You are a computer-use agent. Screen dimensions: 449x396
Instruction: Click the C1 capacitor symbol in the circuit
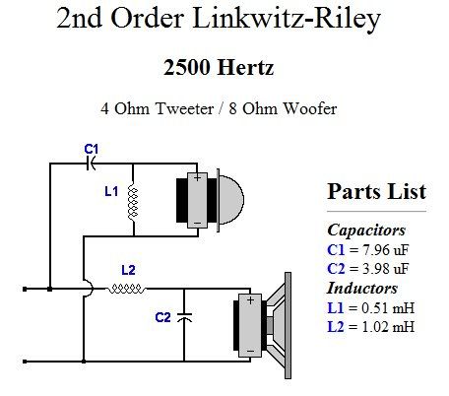pos(91,164)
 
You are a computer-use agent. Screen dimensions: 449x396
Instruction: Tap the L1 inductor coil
pos(133,202)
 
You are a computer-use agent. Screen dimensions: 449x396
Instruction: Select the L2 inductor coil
pos(127,289)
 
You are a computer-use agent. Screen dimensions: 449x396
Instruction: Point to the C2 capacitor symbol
pos(184,317)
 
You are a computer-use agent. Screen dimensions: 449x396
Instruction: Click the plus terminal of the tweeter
pos(197,178)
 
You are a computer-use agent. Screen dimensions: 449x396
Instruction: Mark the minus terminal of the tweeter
pos(197,224)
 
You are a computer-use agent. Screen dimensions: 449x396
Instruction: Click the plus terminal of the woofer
pos(250,300)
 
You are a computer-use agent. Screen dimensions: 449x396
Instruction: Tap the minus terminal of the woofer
pos(250,352)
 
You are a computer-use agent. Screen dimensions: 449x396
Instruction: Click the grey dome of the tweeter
pos(231,200)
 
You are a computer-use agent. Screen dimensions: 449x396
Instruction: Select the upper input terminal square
pos(25,289)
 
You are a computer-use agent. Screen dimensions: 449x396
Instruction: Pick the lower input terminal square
pos(25,362)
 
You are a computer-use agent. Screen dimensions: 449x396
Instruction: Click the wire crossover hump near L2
pos(89,289)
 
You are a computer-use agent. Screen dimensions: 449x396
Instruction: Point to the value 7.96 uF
pos(385,250)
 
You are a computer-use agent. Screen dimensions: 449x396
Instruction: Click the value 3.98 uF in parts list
pos(385,269)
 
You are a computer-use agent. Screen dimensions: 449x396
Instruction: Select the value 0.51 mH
pos(388,308)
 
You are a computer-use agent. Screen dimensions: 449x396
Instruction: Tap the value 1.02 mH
pos(388,327)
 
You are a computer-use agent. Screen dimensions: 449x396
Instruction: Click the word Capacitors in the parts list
pos(366,230)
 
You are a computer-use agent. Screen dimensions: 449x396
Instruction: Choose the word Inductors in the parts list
pos(362,288)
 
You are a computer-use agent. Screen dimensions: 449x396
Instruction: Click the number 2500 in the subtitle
pos(187,67)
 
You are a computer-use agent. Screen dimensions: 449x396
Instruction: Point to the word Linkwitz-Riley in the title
pos(287,18)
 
